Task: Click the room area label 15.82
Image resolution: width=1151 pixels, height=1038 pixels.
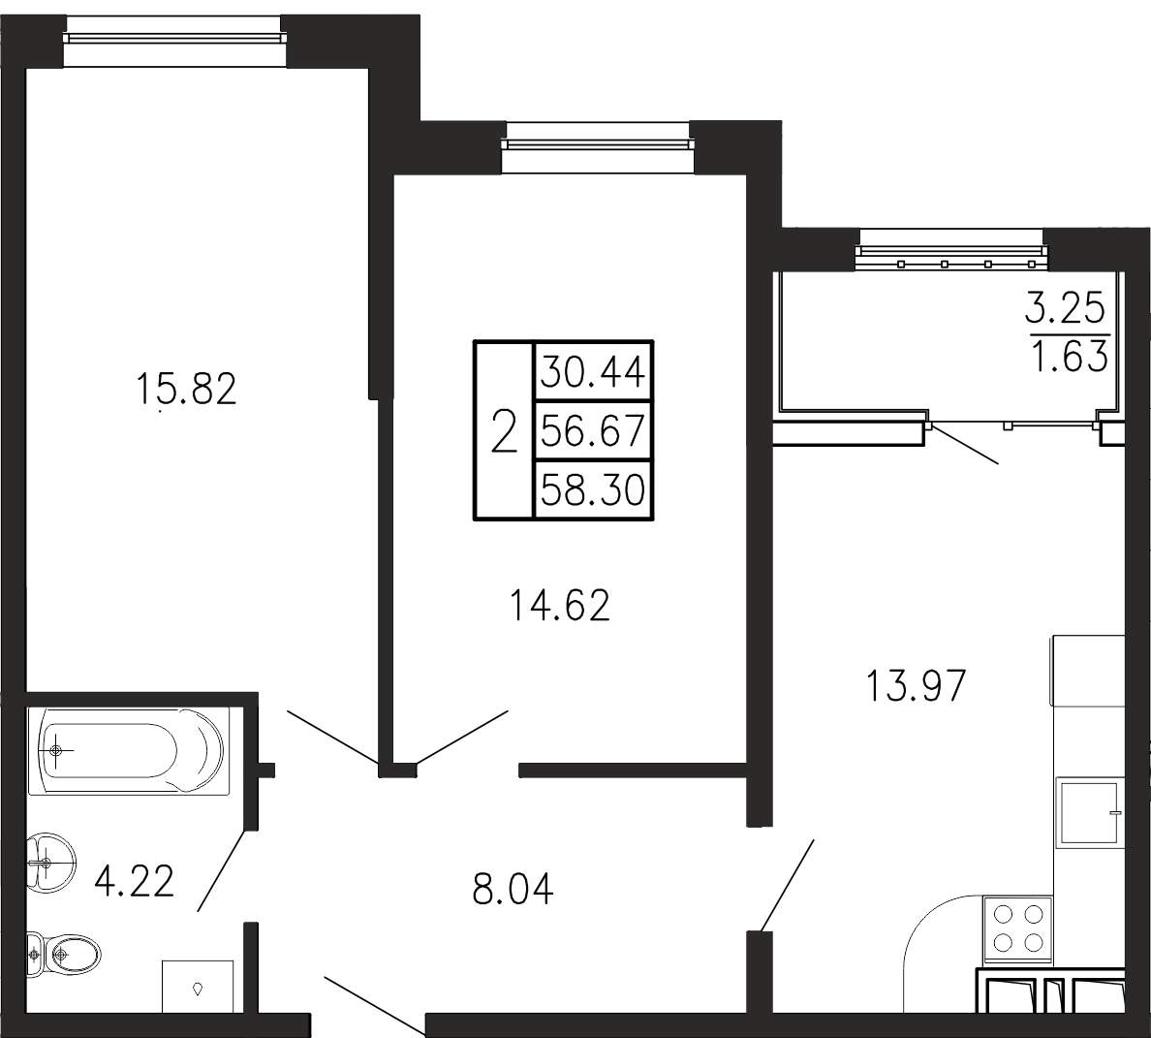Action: pyautogui.click(x=186, y=389)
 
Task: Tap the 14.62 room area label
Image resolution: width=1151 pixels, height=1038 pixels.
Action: pyautogui.click(x=559, y=606)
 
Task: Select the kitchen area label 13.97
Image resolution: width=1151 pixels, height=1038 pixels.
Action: pyautogui.click(x=916, y=686)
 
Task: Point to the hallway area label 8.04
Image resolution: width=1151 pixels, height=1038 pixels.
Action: pyautogui.click(x=513, y=888)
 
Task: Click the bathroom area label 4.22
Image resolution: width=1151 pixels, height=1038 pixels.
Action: pyautogui.click(x=135, y=881)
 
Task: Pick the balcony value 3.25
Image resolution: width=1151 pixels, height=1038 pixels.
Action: pyautogui.click(x=1065, y=308)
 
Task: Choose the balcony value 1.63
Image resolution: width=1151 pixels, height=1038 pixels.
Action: pyautogui.click(x=1070, y=358)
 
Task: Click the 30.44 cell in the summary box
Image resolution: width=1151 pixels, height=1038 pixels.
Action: pyautogui.click(x=593, y=371)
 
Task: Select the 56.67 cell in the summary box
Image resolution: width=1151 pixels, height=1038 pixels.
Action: pyautogui.click(x=593, y=430)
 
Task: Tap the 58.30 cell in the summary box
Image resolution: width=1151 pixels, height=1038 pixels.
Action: pyautogui.click(x=593, y=489)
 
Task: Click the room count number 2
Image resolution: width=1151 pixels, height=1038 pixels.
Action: pyautogui.click(x=504, y=431)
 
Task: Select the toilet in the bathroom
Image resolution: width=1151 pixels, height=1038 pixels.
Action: pyautogui.click(x=63, y=955)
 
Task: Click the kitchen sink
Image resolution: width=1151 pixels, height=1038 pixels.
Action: pyautogui.click(x=1089, y=813)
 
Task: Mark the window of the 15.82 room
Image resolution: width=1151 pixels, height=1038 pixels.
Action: pyautogui.click(x=174, y=41)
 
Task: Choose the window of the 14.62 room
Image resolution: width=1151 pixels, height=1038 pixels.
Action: pyautogui.click(x=596, y=143)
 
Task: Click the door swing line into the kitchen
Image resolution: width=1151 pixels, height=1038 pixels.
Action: pyautogui.click(x=787, y=886)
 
